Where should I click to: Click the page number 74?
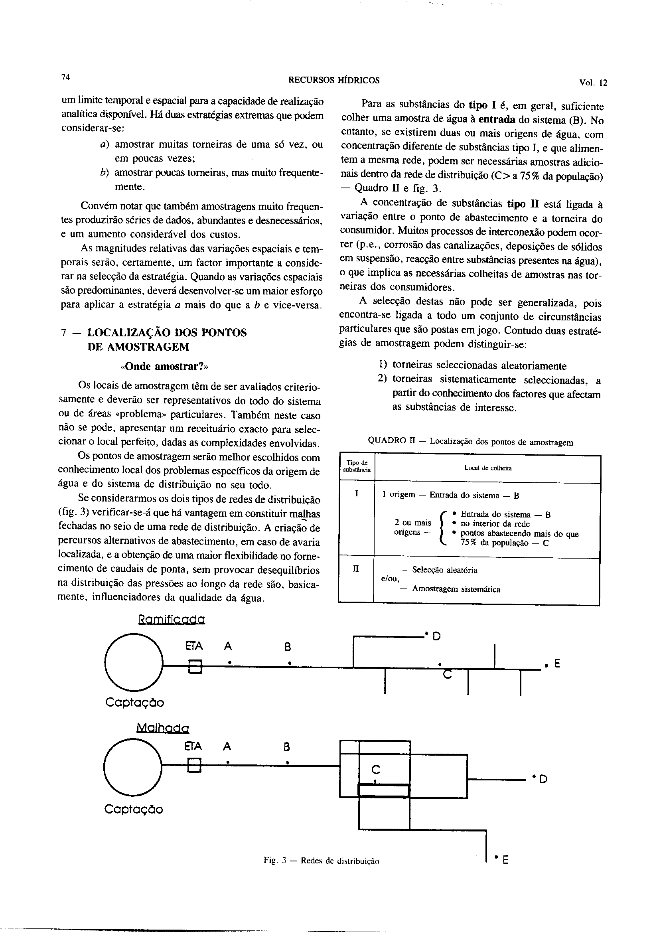click(x=65, y=78)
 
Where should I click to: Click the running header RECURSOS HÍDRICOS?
click(x=333, y=80)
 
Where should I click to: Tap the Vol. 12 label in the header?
click(x=593, y=83)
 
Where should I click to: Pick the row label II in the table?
click(x=356, y=569)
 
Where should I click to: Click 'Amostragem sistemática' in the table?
click(x=456, y=589)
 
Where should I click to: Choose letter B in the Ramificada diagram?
click(x=288, y=647)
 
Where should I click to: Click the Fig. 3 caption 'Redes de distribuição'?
click(x=321, y=872)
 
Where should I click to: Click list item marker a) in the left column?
click(x=104, y=144)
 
